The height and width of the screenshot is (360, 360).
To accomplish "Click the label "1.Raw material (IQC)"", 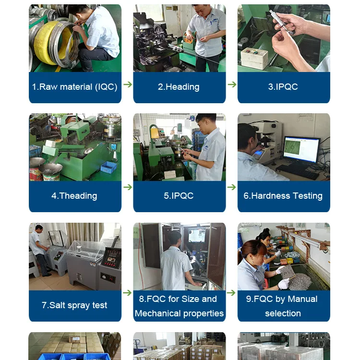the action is click(x=74, y=87).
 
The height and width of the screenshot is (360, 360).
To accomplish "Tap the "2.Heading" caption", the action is click(x=179, y=87).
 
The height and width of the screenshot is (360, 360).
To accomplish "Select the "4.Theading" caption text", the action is click(x=74, y=196).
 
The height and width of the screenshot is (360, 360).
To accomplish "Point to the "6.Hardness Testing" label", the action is click(x=283, y=196).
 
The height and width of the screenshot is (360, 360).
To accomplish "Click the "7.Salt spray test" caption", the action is click(x=74, y=305).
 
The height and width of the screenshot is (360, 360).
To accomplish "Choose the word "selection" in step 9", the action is click(x=283, y=313).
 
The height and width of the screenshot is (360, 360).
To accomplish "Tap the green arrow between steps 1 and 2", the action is click(x=128, y=84).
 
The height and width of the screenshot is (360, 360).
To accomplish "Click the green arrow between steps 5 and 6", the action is click(x=232, y=187).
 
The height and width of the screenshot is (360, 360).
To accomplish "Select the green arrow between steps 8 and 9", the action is click(x=231, y=293).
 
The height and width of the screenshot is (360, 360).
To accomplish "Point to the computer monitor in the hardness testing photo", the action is click(x=302, y=149).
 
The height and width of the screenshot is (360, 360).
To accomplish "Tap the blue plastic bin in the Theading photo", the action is click(x=108, y=167).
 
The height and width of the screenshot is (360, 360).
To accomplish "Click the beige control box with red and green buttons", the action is click(x=254, y=58).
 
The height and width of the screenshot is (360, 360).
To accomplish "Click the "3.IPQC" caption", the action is click(x=283, y=87).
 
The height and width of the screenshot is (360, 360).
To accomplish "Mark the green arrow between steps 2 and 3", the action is click(x=232, y=84).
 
